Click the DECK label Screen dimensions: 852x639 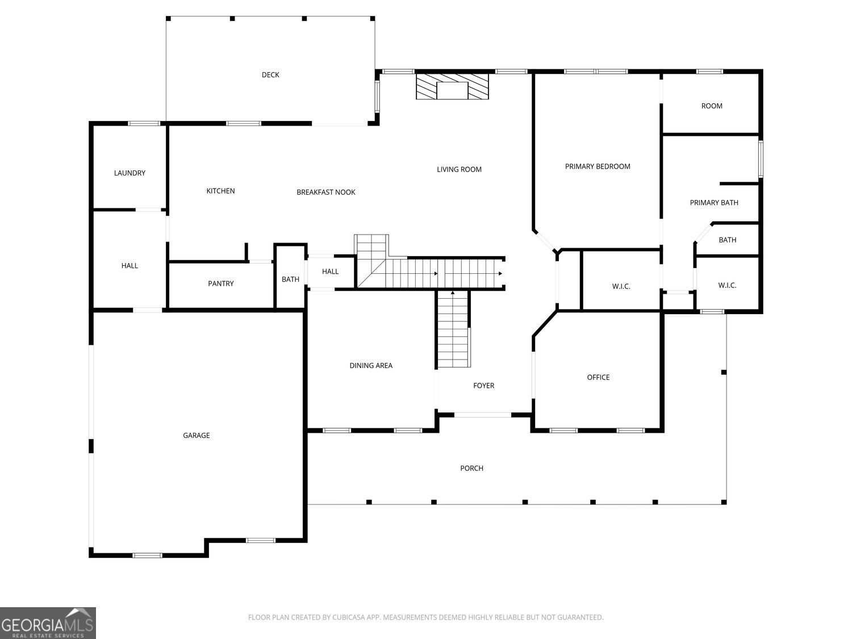(x=270, y=75)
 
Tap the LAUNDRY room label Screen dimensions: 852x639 (x=130, y=173)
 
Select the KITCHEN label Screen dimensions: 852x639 (x=220, y=191)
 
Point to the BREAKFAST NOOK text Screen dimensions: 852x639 (x=325, y=192)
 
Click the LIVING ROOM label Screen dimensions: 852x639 (x=459, y=169)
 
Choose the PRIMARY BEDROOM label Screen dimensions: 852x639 (x=598, y=166)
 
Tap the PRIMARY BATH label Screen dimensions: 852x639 (x=714, y=203)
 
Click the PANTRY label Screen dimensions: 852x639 (x=220, y=283)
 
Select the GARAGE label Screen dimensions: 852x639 (x=196, y=435)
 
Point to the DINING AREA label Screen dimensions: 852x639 (x=371, y=365)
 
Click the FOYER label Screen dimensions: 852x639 (x=483, y=386)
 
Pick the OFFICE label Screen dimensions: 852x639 (x=598, y=377)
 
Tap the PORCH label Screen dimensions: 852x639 (x=471, y=468)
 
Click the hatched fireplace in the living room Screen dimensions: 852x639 (x=452, y=86)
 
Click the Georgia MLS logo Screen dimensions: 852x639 (x=48, y=623)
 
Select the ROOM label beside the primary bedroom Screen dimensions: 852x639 (x=712, y=106)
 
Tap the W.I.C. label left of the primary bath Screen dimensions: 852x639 (x=621, y=286)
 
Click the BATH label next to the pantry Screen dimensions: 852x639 (x=290, y=279)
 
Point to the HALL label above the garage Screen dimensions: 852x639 (x=130, y=266)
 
